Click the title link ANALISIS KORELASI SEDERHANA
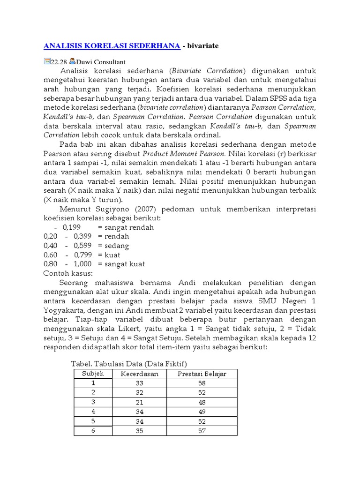pyautogui.click(x=112, y=45)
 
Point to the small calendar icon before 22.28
pyautogui.click(x=46, y=61)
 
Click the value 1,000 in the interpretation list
pyautogui.click(x=82, y=264)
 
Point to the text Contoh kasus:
pyautogui.click(x=68, y=273)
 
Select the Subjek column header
pyautogui.click(x=93, y=374)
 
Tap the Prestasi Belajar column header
pyautogui.click(x=202, y=374)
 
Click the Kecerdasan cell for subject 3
pyautogui.click(x=140, y=402)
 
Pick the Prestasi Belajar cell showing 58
pyautogui.click(x=202, y=383)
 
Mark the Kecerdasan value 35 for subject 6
pyautogui.click(x=140, y=431)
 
